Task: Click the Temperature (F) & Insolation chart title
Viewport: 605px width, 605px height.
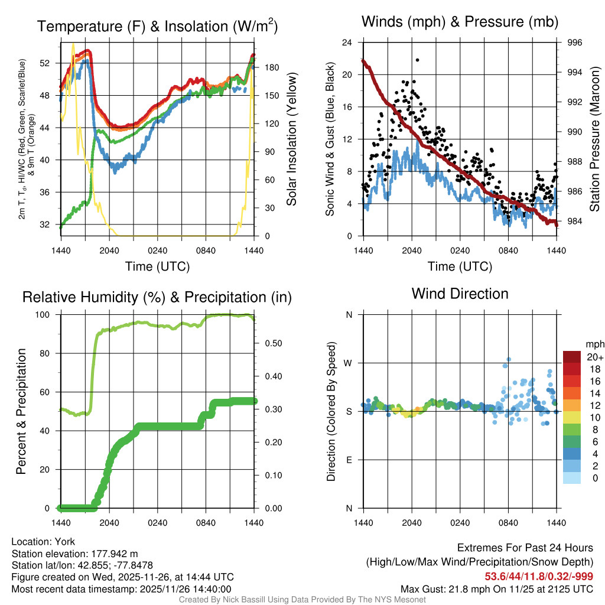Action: tap(157, 27)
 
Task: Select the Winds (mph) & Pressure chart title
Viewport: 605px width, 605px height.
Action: tap(460, 22)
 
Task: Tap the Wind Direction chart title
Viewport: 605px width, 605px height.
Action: tap(460, 294)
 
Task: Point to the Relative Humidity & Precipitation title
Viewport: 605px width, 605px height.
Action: tap(157, 297)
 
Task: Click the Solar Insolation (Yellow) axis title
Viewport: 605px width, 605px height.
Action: tap(291, 139)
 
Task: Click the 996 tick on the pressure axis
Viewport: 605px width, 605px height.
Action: tap(574, 43)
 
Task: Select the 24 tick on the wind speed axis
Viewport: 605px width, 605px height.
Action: tap(348, 43)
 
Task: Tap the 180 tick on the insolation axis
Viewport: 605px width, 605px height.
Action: tap(271, 67)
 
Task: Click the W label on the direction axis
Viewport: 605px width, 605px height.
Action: tap(349, 363)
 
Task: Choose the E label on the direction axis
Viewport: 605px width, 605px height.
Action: tap(349, 460)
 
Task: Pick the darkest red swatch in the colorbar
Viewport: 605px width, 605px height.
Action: tap(573, 357)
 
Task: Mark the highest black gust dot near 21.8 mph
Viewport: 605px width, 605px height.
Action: tap(417, 60)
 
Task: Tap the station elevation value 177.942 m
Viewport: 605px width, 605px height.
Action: tap(114, 554)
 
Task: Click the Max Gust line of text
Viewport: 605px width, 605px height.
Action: tap(497, 588)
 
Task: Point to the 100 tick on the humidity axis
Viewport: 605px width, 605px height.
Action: tap(48, 315)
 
